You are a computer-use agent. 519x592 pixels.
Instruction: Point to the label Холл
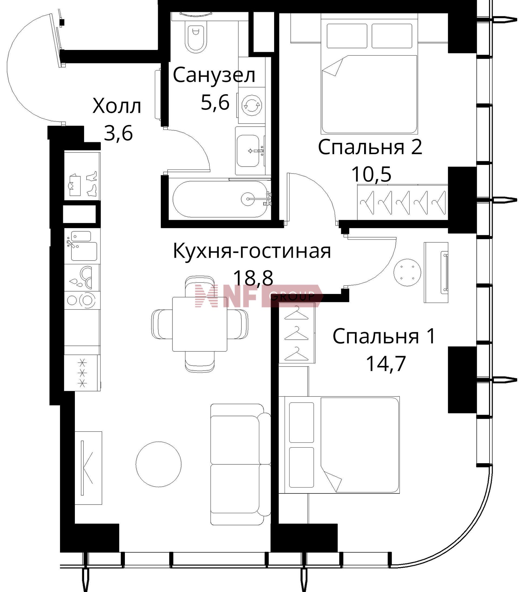tap(117, 106)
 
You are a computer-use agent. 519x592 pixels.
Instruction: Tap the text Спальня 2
tap(370, 147)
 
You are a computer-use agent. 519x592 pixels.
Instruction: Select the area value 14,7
tap(386, 364)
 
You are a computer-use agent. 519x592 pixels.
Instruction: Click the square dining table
tap(199, 324)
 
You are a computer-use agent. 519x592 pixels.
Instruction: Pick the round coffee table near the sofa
tap(158, 464)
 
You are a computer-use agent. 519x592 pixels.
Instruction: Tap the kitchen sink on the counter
tap(84, 251)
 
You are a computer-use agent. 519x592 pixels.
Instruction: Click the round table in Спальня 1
tap(407, 272)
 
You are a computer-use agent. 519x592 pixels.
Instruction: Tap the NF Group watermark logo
tap(259, 296)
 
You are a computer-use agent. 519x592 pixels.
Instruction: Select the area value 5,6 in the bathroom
tap(215, 102)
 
